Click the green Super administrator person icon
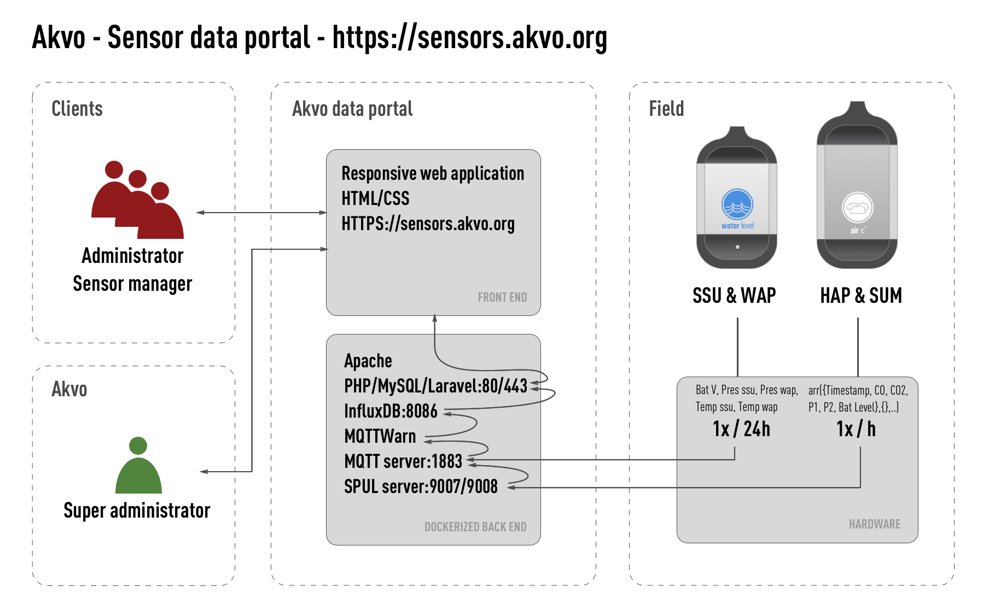[138, 467]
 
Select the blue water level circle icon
[737, 204]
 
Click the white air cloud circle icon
[857, 208]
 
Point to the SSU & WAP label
[734, 296]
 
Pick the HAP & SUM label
[860, 296]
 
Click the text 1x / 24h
[741, 429]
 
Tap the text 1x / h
[856, 429]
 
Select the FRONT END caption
[502, 297]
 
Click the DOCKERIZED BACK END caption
[475, 527]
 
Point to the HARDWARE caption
[874, 524]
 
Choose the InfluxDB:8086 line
[391, 411]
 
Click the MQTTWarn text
[380, 436]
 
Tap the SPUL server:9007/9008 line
[421, 486]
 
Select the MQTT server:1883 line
[403, 461]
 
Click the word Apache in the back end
[368, 361]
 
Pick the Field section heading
[666, 109]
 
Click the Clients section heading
[77, 109]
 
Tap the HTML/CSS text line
[375, 198]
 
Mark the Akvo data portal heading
[352, 109]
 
